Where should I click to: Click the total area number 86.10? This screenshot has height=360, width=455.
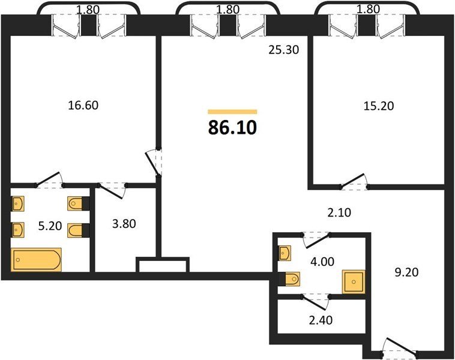click(232, 128)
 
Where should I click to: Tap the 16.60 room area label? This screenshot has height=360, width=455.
click(83, 105)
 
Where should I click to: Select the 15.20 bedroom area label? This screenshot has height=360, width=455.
click(379, 106)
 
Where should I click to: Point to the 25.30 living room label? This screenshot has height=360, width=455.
click(283, 50)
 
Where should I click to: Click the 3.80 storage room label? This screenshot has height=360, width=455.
click(124, 224)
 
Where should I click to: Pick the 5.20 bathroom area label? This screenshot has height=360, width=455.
click(50, 226)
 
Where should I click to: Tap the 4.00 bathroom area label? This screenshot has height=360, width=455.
click(322, 262)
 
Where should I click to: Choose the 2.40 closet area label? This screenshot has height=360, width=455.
click(321, 320)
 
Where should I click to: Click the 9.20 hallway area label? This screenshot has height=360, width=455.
click(406, 272)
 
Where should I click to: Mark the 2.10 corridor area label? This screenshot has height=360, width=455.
click(339, 212)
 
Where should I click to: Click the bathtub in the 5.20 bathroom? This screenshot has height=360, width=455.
click(36, 260)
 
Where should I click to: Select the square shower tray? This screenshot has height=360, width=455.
click(354, 281)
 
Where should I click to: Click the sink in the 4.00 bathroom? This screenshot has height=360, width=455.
click(285, 253)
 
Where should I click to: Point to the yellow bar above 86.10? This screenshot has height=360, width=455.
click(232, 112)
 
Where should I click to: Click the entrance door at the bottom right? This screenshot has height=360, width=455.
click(400, 346)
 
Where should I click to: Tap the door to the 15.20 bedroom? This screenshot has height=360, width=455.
click(354, 181)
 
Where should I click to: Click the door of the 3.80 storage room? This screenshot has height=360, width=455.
click(112, 191)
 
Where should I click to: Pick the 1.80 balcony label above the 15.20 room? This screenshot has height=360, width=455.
click(368, 9)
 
